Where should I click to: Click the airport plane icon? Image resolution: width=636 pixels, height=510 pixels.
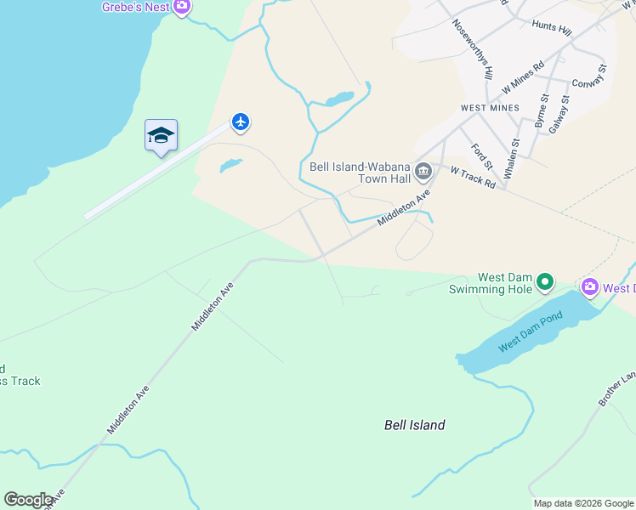(x=241, y=123)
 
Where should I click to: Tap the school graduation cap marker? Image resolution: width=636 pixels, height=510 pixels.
(x=161, y=135)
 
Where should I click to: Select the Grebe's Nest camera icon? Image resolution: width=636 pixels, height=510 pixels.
(x=181, y=7)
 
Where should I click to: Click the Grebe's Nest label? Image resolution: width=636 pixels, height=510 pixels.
(x=136, y=7)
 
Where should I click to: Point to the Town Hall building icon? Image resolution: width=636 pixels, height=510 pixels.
(x=423, y=174)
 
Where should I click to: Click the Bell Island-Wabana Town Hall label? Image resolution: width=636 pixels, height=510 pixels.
(x=360, y=173)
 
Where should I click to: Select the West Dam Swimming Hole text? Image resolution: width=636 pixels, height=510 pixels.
(x=491, y=283)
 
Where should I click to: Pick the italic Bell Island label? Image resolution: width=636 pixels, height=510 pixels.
(x=415, y=425)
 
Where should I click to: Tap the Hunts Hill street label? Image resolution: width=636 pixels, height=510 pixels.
(x=552, y=27)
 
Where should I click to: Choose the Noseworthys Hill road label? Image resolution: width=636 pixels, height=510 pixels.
(x=474, y=49)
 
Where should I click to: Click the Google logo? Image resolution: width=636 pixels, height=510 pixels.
(x=28, y=500)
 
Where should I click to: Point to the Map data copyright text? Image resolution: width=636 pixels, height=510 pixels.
(x=583, y=503)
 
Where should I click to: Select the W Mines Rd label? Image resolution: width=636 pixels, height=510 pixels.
(x=523, y=77)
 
